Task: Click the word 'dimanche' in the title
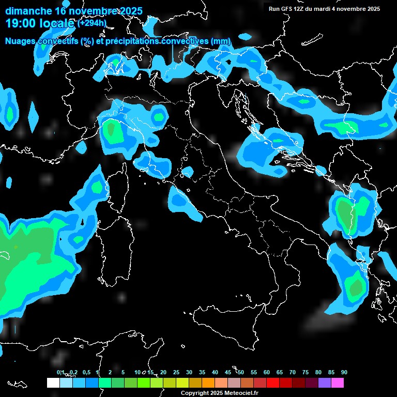click(x=28, y=11)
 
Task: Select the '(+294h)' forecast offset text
click(x=92, y=23)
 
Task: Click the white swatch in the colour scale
click(x=53, y=383)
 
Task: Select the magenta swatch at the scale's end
click(x=338, y=383)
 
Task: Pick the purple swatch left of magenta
click(x=325, y=383)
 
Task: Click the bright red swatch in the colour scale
click(x=273, y=383)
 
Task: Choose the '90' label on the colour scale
click(x=344, y=372)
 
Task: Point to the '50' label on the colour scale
click(x=241, y=372)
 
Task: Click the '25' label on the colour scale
click(x=176, y=372)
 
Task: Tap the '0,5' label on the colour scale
click(x=86, y=372)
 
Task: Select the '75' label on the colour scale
click(x=305, y=372)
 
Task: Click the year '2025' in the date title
click(x=130, y=11)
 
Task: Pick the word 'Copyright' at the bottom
click(x=194, y=393)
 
